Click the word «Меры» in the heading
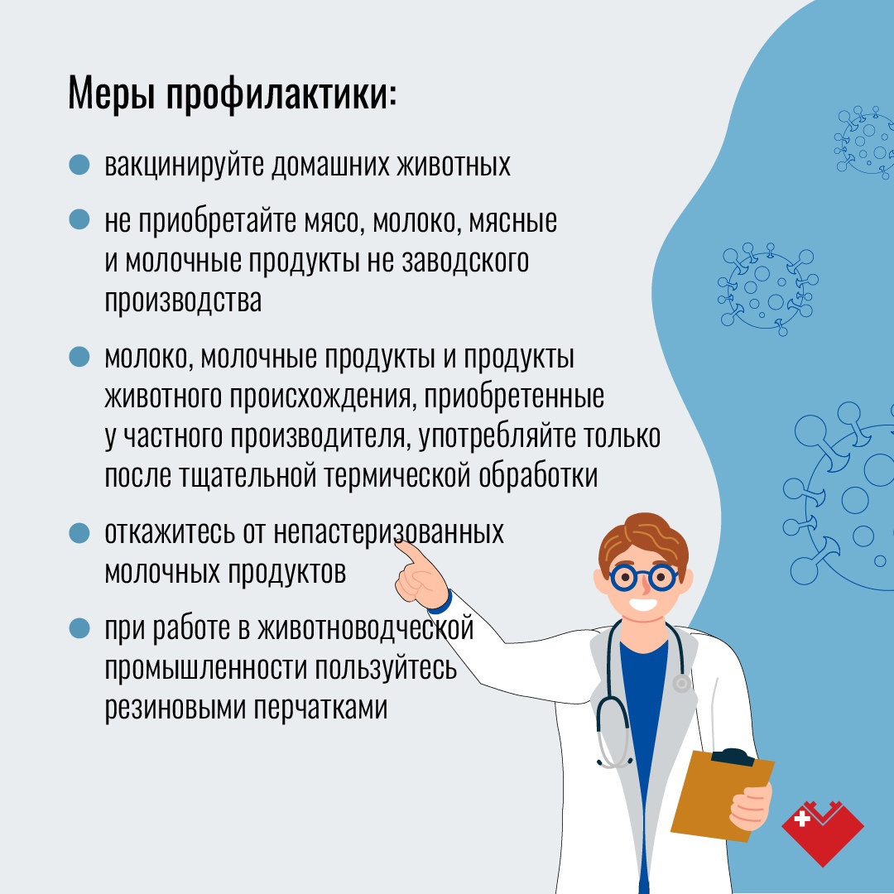click(111, 94)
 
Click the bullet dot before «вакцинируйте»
click(79, 165)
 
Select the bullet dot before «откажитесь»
click(79, 534)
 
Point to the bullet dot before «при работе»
click(79, 629)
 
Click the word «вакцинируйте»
click(184, 166)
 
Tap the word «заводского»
click(465, 262)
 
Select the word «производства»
click(183, 300)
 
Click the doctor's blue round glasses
click(644, 578)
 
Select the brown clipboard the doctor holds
click(721, 794)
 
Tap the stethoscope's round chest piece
click(681, 683)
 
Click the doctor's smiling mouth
click(643, 603)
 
